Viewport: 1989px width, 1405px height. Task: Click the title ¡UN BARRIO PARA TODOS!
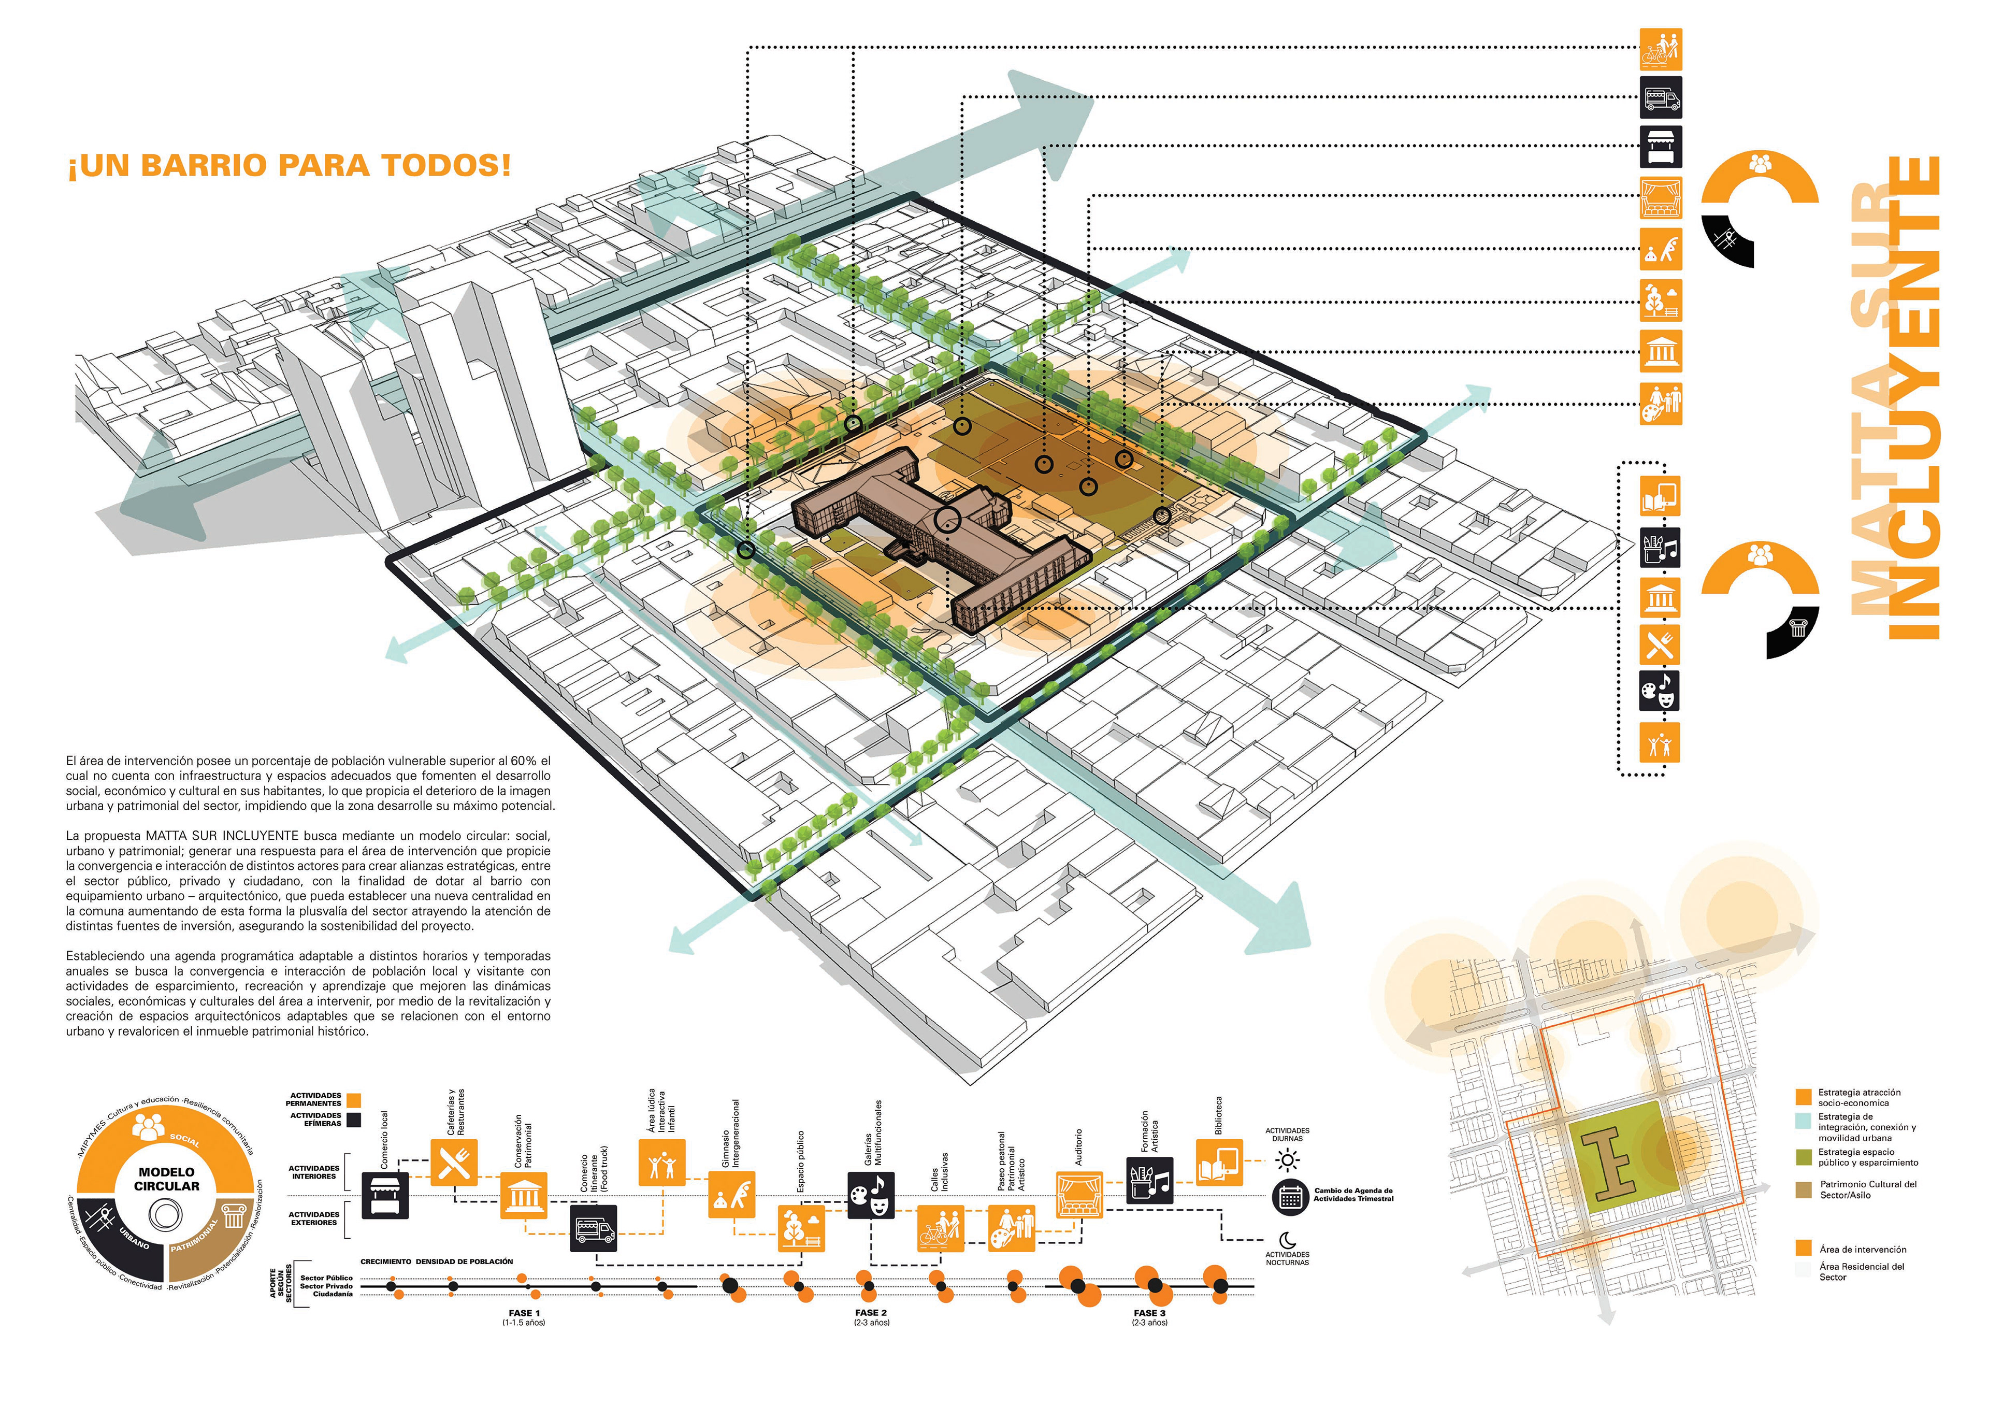[290, 165]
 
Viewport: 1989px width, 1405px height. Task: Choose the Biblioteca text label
[1219, 1115]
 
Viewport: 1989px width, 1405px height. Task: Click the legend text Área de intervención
[1863, 1249]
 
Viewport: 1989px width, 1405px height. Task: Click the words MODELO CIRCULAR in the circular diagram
[166, 1179]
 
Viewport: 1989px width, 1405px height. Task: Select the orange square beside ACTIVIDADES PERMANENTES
[353, 1100]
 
